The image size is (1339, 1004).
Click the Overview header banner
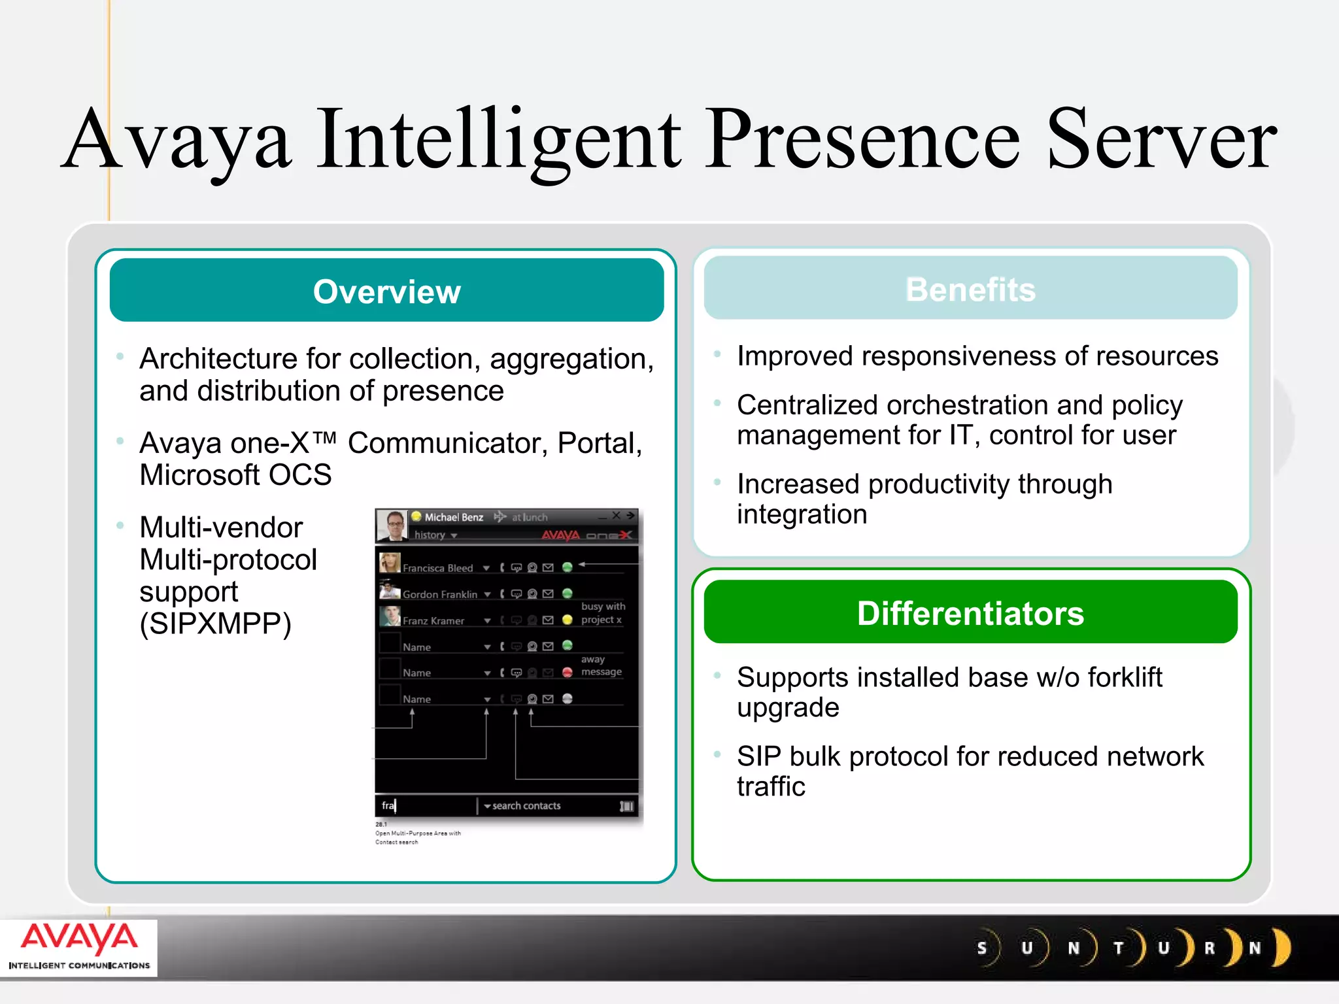(x=386, y=291)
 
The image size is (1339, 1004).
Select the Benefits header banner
(x=970, y=289)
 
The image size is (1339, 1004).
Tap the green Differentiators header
(x=970, y=613)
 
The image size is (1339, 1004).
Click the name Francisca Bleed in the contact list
(x=437, y=568)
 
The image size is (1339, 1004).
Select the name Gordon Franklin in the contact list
(x=439, y=594)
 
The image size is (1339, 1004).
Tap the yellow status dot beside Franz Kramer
(x=567, y=620)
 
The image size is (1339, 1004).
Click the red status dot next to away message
(x=567, y=672)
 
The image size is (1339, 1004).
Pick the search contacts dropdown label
(x=526, y=806)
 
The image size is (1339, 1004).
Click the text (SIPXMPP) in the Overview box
(x=215, y=624)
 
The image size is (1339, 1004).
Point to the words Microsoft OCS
(x=235, y=475)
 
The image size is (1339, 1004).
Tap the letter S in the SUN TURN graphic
(x=981, y=948)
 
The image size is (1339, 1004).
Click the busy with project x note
(x=602, y=613)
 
